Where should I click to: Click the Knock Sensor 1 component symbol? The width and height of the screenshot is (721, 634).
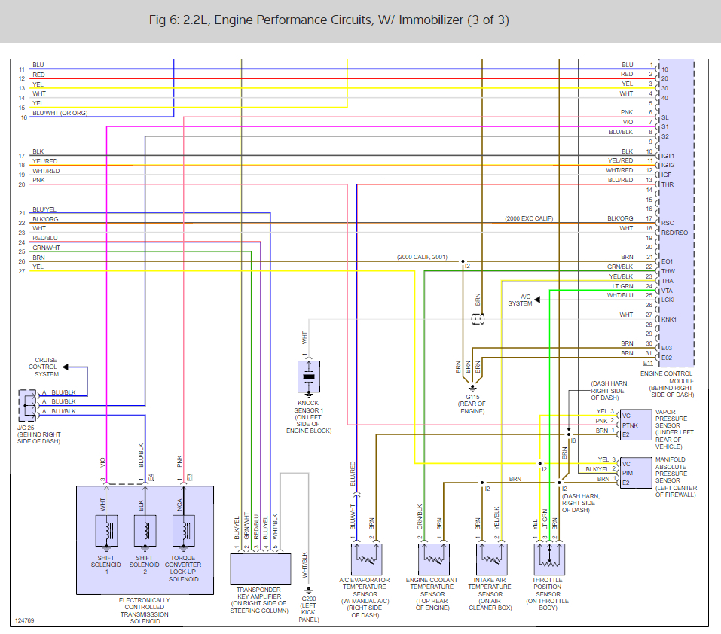tap(309, 376)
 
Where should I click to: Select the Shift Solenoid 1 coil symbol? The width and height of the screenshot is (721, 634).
tap(106, 531)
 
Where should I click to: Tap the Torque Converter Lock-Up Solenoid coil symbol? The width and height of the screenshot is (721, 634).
tap(184, 531)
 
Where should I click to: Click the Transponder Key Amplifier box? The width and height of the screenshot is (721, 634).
tap(260, 568)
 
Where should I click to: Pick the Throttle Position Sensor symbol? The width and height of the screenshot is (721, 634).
tap(549, 559)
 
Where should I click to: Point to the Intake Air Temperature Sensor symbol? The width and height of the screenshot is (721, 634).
tap(491, 559)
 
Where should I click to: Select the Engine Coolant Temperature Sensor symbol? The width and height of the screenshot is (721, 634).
tap(434, 559)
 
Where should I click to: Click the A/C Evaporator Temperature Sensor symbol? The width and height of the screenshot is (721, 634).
tap(366, 559)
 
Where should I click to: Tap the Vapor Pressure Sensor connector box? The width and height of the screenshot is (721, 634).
tap(636, 425)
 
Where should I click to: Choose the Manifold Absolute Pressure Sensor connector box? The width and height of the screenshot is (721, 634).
tap(636, 473)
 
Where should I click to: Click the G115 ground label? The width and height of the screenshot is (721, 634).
tap(472, 397)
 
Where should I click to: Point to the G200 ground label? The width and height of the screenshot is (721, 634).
tap(308, 599)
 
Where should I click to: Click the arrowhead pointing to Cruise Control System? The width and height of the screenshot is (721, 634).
tap(66, 367)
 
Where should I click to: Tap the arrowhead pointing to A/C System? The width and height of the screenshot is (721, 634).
tap(536, 300)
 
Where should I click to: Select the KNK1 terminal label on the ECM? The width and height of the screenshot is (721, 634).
tap(669, 319)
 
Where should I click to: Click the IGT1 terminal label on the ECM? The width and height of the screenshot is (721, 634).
tap(668, 156)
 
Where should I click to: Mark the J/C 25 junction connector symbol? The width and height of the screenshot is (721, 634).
tap(27, 406)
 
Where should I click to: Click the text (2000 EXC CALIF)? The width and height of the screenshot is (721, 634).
tap(529, 218)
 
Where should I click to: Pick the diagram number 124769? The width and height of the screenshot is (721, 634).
tap(24, 620)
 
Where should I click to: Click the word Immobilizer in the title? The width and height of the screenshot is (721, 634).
tap(431, 20)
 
